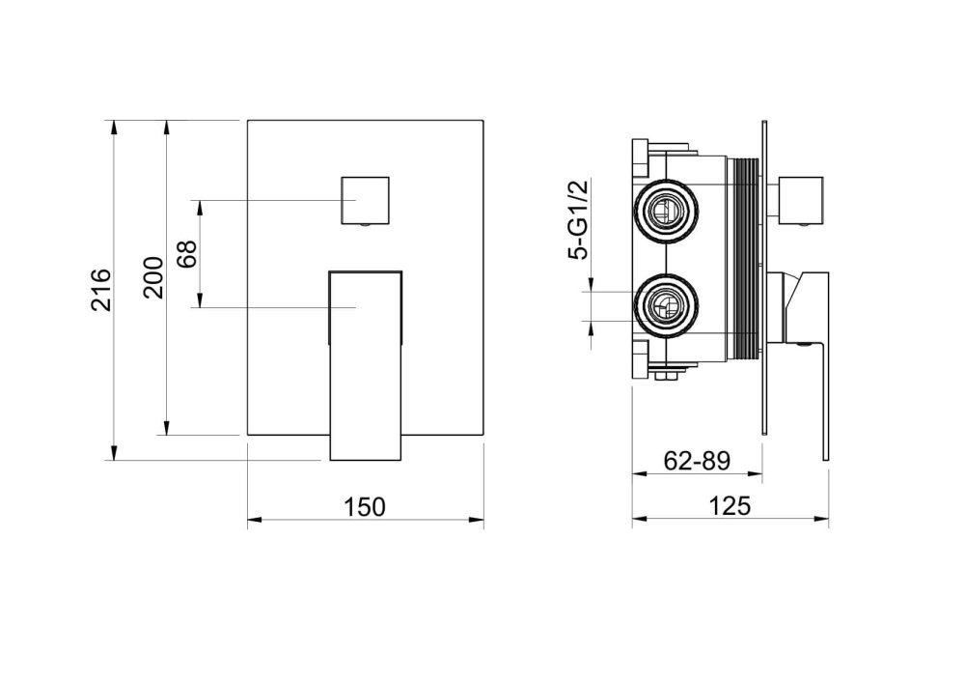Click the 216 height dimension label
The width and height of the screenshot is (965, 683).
[101, 290]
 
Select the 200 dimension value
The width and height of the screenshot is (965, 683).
[153, 278]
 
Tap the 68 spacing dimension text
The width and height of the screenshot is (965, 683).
[186, 253]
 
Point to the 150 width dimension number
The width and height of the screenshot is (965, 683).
[365, 506]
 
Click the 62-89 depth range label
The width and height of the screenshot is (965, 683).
[697, 461]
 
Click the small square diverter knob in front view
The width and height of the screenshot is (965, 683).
[365, 201]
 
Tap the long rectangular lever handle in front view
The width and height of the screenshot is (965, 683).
[366, 365]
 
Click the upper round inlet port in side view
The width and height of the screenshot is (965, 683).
[667, 213]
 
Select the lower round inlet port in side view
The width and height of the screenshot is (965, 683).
[667, 305]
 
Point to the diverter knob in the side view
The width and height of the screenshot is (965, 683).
[801, 201]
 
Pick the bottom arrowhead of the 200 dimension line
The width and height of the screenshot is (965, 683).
[166, 428]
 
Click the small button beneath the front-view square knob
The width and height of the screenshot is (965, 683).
[365, 227]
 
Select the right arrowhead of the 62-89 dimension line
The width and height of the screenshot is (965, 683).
[756, 474]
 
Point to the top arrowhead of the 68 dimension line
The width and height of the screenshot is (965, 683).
[200, 207]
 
